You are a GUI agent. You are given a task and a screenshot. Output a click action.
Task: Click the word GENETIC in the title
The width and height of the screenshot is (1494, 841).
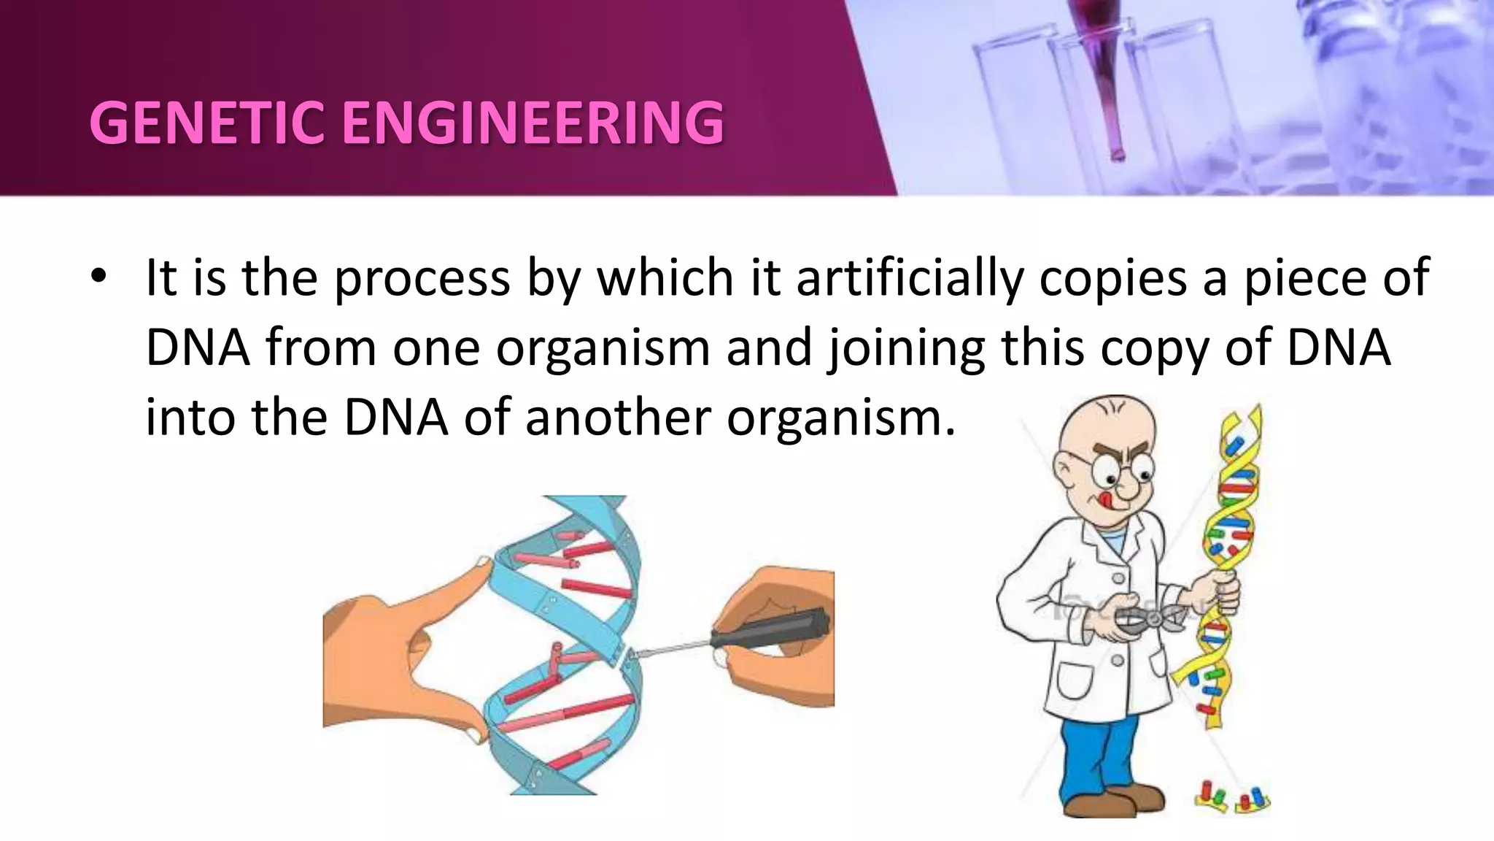[206, 123]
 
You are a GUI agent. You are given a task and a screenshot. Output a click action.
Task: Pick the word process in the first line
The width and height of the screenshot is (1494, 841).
[422, 278]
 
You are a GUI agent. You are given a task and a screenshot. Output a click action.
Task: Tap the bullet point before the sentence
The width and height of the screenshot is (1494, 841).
[100, 277]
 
